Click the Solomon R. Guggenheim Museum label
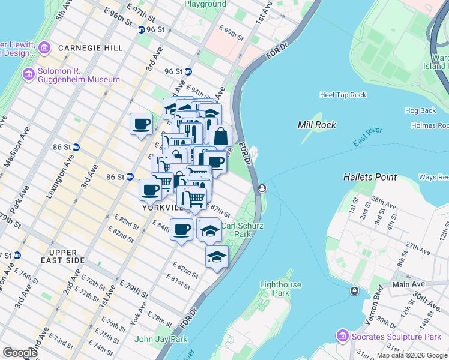(78, 75)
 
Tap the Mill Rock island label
(316, 125)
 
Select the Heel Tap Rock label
(343, 95)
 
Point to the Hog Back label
(420, 110)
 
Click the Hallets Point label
(370, 177)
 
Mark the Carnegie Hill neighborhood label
(90, 48)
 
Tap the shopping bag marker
(221, 136)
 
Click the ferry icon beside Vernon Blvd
(354, 291)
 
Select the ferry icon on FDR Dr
(262, 189)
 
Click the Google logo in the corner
(20, 353)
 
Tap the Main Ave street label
(409, 284)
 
